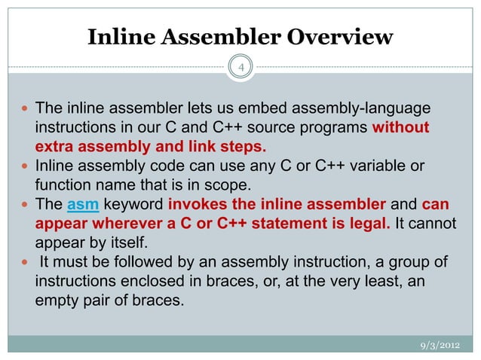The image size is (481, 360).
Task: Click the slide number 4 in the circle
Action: click(x=241, y=70)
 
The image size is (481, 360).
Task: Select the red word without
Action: click(x=401, y=127)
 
